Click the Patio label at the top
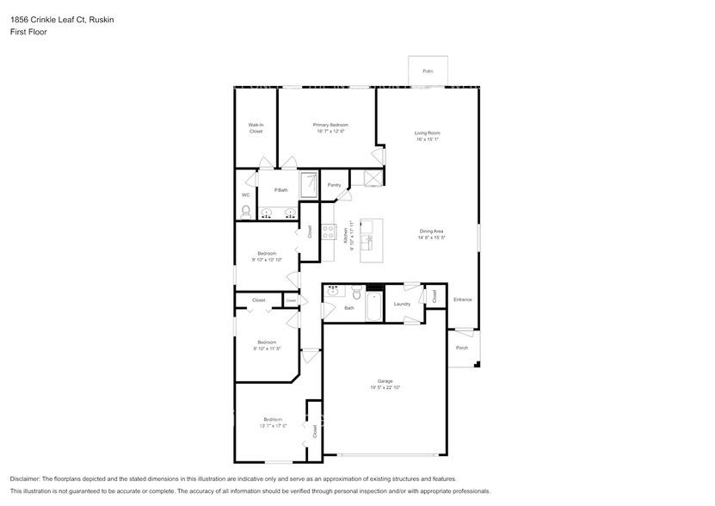click(427, 71)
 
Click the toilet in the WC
click(246, 211)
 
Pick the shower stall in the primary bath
click(308, 183)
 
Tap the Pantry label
click(334, 185)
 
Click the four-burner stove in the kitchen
click(328, 231)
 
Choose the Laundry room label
click(402, 304)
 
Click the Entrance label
click(463, 299)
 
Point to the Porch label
click(462, 348)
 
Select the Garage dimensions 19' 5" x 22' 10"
click(385, 388)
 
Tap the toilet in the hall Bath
click(356, 294)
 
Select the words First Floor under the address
click(28, 32)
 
